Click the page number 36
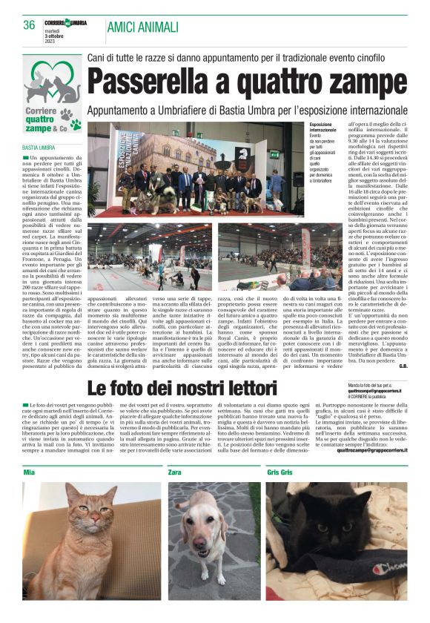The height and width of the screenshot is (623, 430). point(30,24)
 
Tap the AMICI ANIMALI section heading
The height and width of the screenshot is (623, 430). point(143,27)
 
